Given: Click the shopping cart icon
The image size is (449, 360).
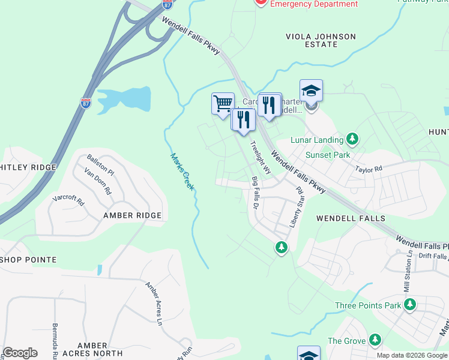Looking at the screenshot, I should click(x=223, y=103).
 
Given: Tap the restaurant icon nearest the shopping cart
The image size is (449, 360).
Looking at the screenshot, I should click(x=243, y=119).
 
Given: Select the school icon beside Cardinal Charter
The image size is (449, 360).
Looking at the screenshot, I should click(x=311, y=91).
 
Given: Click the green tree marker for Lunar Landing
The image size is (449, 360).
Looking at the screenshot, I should click(x=352, y=140).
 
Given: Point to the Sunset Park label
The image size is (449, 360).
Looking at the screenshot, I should click(x=328, y=155).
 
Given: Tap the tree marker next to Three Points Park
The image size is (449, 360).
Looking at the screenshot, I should click(x=410, y=305).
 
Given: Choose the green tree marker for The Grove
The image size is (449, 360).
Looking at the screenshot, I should click(x=375, y=341).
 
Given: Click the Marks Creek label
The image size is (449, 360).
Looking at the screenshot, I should click(x=182, y=172).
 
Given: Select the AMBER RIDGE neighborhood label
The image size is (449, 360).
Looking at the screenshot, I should click(x=132, y=215).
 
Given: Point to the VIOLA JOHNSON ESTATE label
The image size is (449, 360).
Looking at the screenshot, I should click(x=321, y=40).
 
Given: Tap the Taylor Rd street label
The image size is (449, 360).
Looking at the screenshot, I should click(x=368, y=170).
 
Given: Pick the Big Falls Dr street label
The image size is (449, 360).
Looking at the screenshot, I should click(x=255, y=192).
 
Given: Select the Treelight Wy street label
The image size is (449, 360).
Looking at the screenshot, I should click(x=261, y=158).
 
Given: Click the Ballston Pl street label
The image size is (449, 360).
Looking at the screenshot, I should click(x=99, y=164).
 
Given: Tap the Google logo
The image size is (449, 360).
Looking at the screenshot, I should click(x=20, y=353).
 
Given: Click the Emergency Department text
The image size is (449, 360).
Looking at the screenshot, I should click(x=314, y=4).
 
